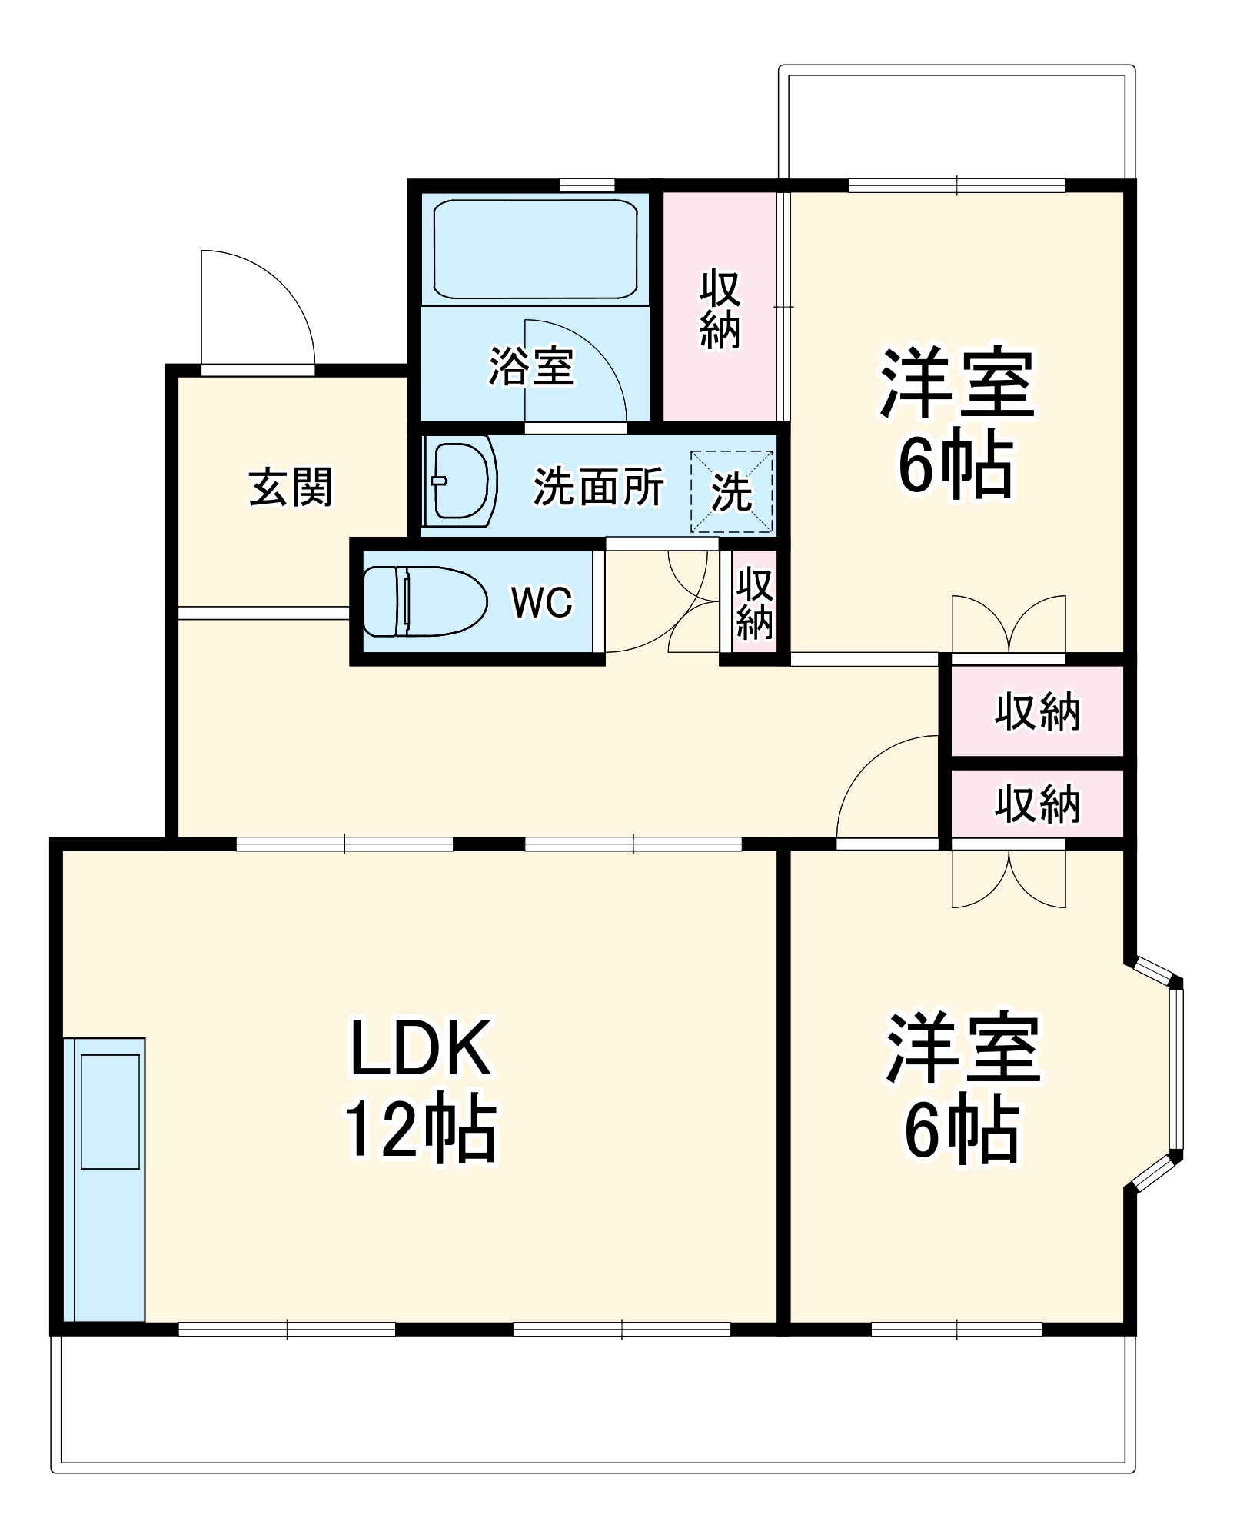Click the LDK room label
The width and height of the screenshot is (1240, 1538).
pos(421,1047)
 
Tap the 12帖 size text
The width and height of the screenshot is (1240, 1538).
pos(421,1128)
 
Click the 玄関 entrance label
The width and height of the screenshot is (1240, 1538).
pos(291,487)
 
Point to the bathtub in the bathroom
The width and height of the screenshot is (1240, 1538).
pos(535,248)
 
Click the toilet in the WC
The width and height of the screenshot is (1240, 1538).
pos(425,601)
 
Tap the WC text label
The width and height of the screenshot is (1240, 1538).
pos(542,602)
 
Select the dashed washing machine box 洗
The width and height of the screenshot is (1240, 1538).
pos(731,491)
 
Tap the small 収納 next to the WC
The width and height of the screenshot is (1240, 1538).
pos(754,604)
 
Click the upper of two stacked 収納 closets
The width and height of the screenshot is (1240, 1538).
pos(1037,711)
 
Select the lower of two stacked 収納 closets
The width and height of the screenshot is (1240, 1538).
pos(1037,804)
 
